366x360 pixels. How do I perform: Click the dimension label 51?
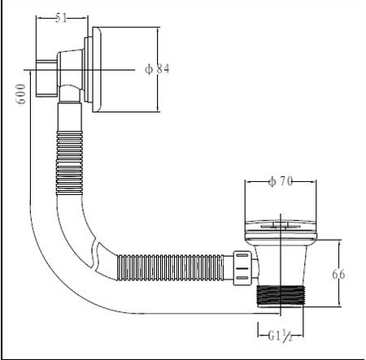[x=61, y=18]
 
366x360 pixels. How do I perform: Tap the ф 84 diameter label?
[x=157, y=69]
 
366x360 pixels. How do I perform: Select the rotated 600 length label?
[x=21, y=93]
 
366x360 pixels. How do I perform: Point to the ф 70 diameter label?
[x=281, y=181]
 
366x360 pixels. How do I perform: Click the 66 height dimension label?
[x=338, y=275]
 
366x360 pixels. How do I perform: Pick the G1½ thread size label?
[x=281, y=336]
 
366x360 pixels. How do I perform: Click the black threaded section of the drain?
[x=281, y=296]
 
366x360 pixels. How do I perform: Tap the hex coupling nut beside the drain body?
[x=242, y=268]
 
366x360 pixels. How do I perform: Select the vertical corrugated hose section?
[x=69, y=163]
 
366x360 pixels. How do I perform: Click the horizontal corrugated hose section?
[x=170, y=267]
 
